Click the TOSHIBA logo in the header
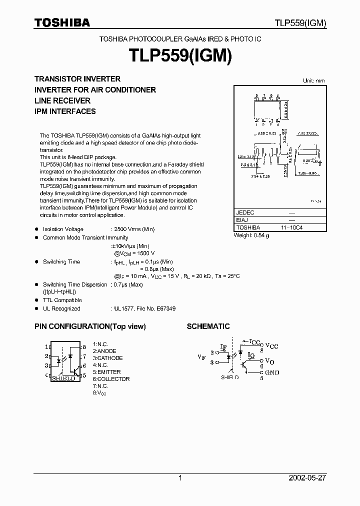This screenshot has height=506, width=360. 62,22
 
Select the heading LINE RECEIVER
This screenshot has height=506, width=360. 62,100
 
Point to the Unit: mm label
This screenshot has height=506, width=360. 314,80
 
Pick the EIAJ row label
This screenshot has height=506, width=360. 242,220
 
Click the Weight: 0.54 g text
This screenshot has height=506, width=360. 251,235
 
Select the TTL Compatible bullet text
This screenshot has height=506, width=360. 62,300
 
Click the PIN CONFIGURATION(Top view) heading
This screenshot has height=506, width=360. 90,326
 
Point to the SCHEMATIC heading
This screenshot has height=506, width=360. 208,326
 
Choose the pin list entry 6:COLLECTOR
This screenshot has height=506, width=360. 111,379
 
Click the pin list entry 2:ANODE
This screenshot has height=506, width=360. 104,351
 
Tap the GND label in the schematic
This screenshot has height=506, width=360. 272,372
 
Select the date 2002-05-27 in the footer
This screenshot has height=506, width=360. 307,478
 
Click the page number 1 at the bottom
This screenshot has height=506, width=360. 180,478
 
